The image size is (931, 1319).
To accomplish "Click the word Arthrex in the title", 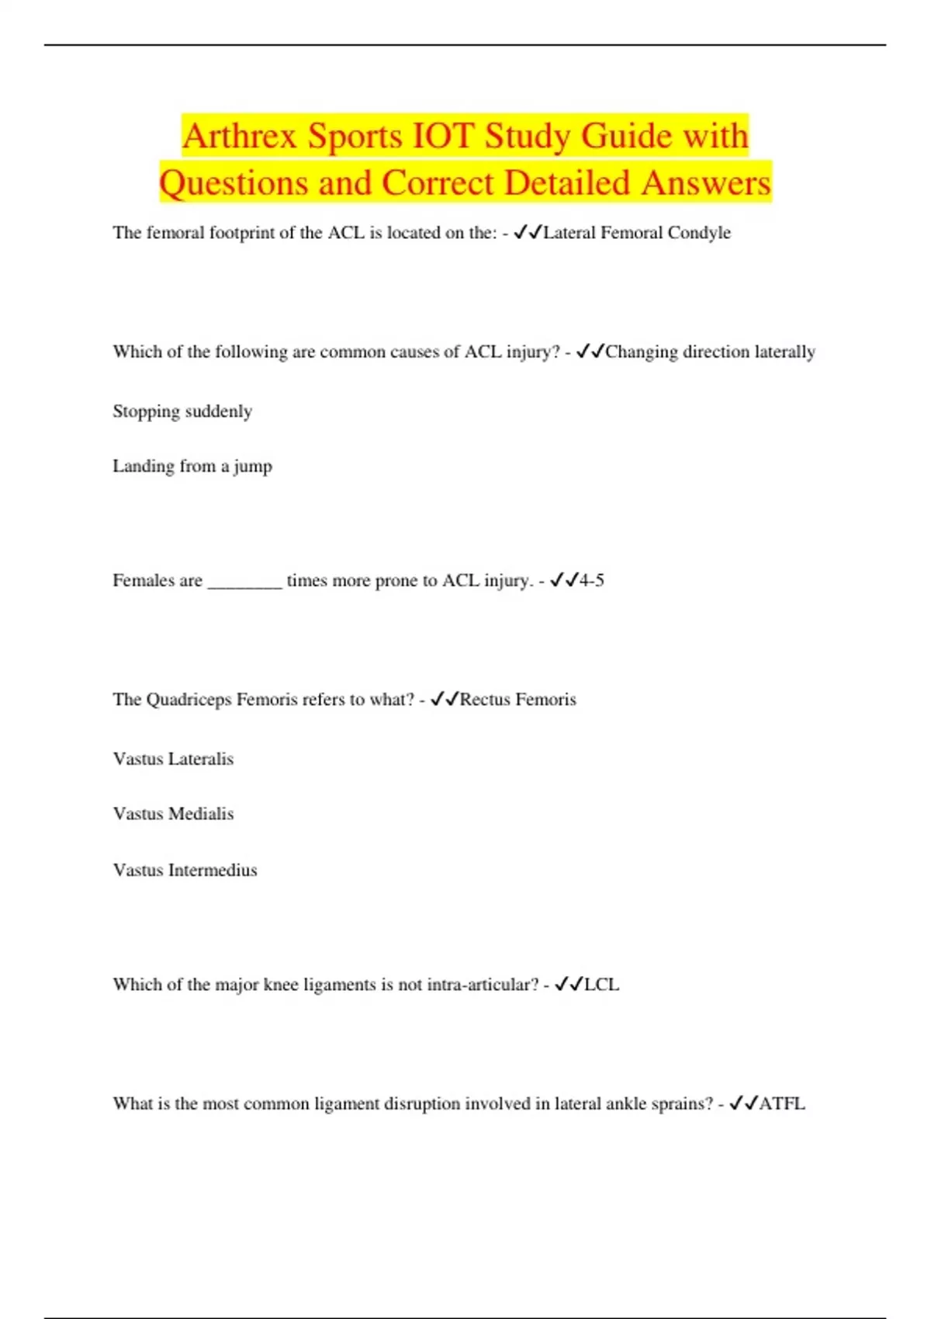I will coord(240,137).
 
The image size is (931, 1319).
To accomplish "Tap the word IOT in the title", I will coord(442,137).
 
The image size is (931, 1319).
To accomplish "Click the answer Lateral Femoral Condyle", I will coord(637,233).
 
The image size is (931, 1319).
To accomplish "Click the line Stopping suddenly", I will coord(182,411).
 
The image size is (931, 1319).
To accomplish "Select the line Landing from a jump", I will coord(192,466).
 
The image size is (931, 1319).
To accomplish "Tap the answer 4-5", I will coord(591,580).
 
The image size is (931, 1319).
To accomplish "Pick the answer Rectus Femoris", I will coord(517,700).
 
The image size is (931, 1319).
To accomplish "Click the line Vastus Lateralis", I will coord(173,759).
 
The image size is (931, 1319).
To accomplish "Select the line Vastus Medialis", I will coord(173,814).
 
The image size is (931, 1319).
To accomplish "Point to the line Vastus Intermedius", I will coord(185,871).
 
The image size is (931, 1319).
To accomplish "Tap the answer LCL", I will coord(601,985).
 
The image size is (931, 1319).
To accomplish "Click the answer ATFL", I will coord(781,1104).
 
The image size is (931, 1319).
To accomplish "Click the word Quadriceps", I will coord(189,700).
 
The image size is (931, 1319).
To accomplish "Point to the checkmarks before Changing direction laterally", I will coord(590,352).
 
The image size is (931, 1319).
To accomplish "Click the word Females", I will coord(144,580).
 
